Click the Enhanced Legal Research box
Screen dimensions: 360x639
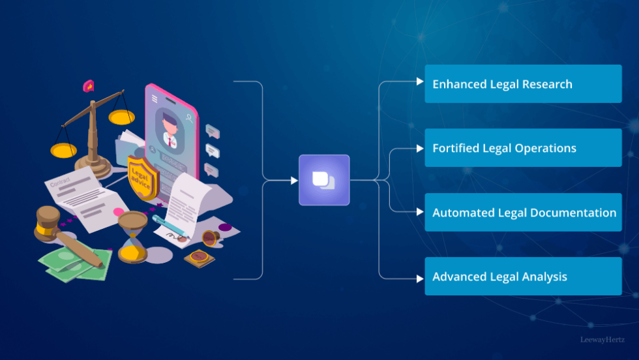pos(523,84)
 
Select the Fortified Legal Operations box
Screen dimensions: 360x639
pos(523,148)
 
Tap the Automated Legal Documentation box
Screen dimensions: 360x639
pos(523,213)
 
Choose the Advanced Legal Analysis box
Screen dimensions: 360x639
pos(523,277)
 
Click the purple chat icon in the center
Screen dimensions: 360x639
pos(324,180)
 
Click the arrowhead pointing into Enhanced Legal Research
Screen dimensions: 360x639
pos(420,82)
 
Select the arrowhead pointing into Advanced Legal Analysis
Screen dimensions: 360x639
pos(420,278)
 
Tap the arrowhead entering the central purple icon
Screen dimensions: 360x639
pos(293,180)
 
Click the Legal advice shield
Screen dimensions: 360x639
pos(141,177)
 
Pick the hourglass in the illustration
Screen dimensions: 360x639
pos(132,235)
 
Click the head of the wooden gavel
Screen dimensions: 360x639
pos(47,221)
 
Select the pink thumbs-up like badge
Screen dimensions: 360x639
pos(89,86)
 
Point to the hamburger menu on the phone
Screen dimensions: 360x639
pos(155,99)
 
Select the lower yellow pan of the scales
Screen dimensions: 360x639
pos(64,151)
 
